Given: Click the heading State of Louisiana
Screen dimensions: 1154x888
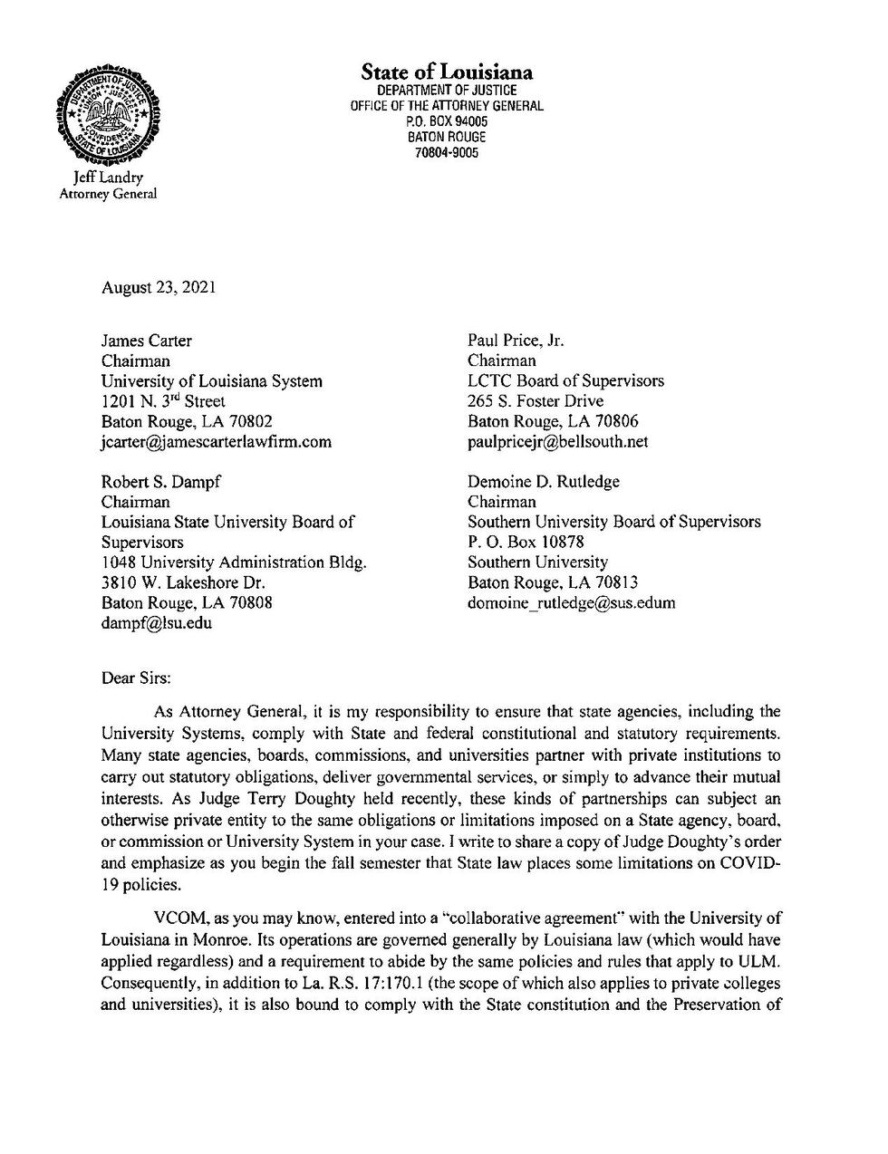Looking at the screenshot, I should coord(447,72).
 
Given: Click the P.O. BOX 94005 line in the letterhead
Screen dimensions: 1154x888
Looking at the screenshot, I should coord(447,121).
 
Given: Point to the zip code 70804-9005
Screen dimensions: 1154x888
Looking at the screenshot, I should coord(447,152).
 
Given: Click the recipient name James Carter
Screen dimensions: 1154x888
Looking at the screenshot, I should coord(146,341).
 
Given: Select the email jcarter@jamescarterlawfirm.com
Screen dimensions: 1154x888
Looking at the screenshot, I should coord(216,442).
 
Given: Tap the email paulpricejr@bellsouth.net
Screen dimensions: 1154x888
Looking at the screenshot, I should coord(557,442).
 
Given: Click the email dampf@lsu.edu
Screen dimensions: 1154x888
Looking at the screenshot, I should coord(156,623).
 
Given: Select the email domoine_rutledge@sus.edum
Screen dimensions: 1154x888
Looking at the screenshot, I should coord(571,603).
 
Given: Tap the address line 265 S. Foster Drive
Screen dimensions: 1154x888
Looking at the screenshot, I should coord(535,401).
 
